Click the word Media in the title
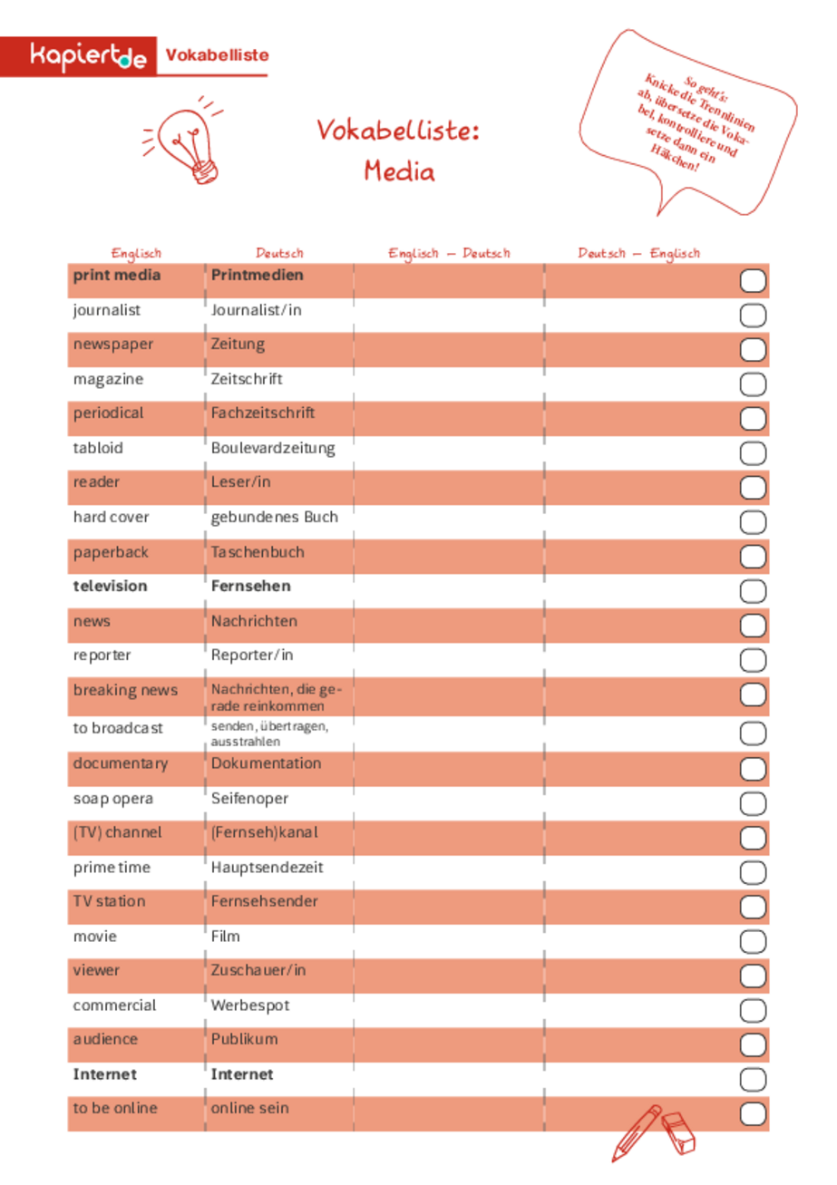pos(398,170)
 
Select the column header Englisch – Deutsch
pos(449,253)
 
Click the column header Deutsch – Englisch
pos(639,253)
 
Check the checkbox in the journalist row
pos(754,316)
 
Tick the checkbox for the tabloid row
pos(754,453)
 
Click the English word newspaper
pos(113,345)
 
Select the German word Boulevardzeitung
pos(273,448)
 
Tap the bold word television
pos(110,586)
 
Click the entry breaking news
pos(125,690)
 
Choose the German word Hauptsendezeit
pos(267,868)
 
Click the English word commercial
pos(114,1005)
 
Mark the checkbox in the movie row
pos(754,940)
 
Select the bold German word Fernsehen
pos(251,586)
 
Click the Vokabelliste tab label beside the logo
pos(216,55)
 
